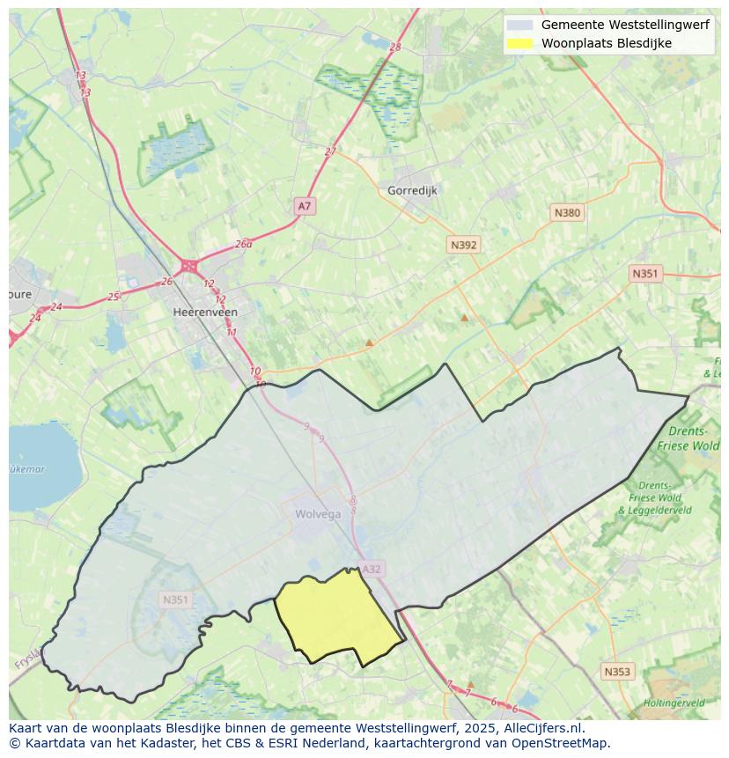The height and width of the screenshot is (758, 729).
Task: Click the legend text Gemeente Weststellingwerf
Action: click(x=625, y=25)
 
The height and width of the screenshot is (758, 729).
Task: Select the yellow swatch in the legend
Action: click(x=519, y=43)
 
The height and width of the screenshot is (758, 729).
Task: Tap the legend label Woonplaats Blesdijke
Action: click(x=606, y=43)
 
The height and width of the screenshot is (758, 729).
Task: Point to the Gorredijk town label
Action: click(x=412, y=190)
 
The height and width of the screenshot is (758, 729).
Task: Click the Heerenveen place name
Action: click(x=205, y=312)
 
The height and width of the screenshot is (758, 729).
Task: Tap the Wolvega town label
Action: click(x=318, y=514)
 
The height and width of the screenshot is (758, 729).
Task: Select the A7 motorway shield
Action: click(x=304, y=206)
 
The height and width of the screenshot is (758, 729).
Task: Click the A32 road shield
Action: click(x=372, y=569)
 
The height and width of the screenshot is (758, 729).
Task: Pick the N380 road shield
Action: click(x=567, y=213)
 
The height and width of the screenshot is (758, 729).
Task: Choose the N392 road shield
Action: click(x=463, y=246)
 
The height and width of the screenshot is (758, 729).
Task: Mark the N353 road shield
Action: click(x=617, y=672)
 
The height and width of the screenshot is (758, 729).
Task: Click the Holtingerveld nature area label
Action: click(x=674, y=703)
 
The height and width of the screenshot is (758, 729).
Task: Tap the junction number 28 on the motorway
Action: click(x=394, y=48)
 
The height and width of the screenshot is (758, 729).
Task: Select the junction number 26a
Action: click(x=243, y=244)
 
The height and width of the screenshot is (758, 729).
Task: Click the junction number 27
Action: click(x=330, y=151)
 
